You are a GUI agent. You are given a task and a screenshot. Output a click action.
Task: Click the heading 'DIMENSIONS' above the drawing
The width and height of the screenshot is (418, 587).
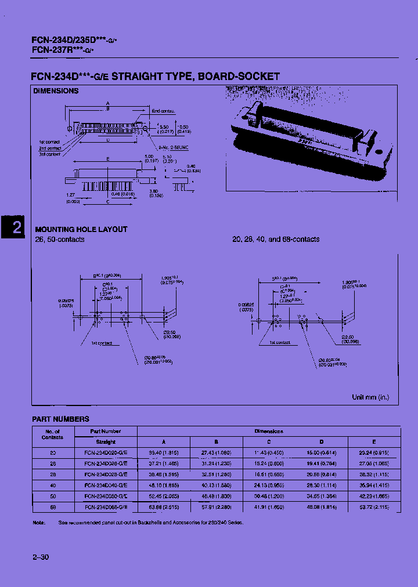[x=56, y=91]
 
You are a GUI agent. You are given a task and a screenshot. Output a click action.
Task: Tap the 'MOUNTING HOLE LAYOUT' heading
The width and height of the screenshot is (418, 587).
[x=81, y=229]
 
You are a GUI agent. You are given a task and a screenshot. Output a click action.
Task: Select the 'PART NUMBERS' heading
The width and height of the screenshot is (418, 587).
[x=60, y=419]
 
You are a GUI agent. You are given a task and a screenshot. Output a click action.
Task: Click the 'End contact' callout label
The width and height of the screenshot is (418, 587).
[x=163, y=110]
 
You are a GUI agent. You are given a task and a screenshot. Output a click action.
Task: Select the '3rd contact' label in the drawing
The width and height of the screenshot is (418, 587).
[x=50, y=154]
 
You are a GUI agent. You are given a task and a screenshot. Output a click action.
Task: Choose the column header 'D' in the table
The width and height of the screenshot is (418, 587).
[x=320, y=441]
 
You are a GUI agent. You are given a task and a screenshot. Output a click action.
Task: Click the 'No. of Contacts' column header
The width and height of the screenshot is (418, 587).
[x=53, y=434]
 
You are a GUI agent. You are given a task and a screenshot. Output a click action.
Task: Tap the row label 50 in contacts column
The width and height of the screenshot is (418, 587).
[x=53, y=497]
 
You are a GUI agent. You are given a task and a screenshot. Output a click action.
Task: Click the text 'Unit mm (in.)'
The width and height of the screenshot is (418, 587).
[x=371, y=397]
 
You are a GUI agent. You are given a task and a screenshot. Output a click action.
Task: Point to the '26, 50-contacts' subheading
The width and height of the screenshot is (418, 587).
[x=60, y=240]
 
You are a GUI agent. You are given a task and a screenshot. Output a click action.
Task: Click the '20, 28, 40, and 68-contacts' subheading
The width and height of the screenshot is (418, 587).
[x=276, y=240]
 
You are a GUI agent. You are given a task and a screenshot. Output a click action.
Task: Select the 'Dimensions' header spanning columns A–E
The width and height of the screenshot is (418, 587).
[x=269, y=431]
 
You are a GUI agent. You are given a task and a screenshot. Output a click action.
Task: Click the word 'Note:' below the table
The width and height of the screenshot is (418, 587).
[x=39, y=523]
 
